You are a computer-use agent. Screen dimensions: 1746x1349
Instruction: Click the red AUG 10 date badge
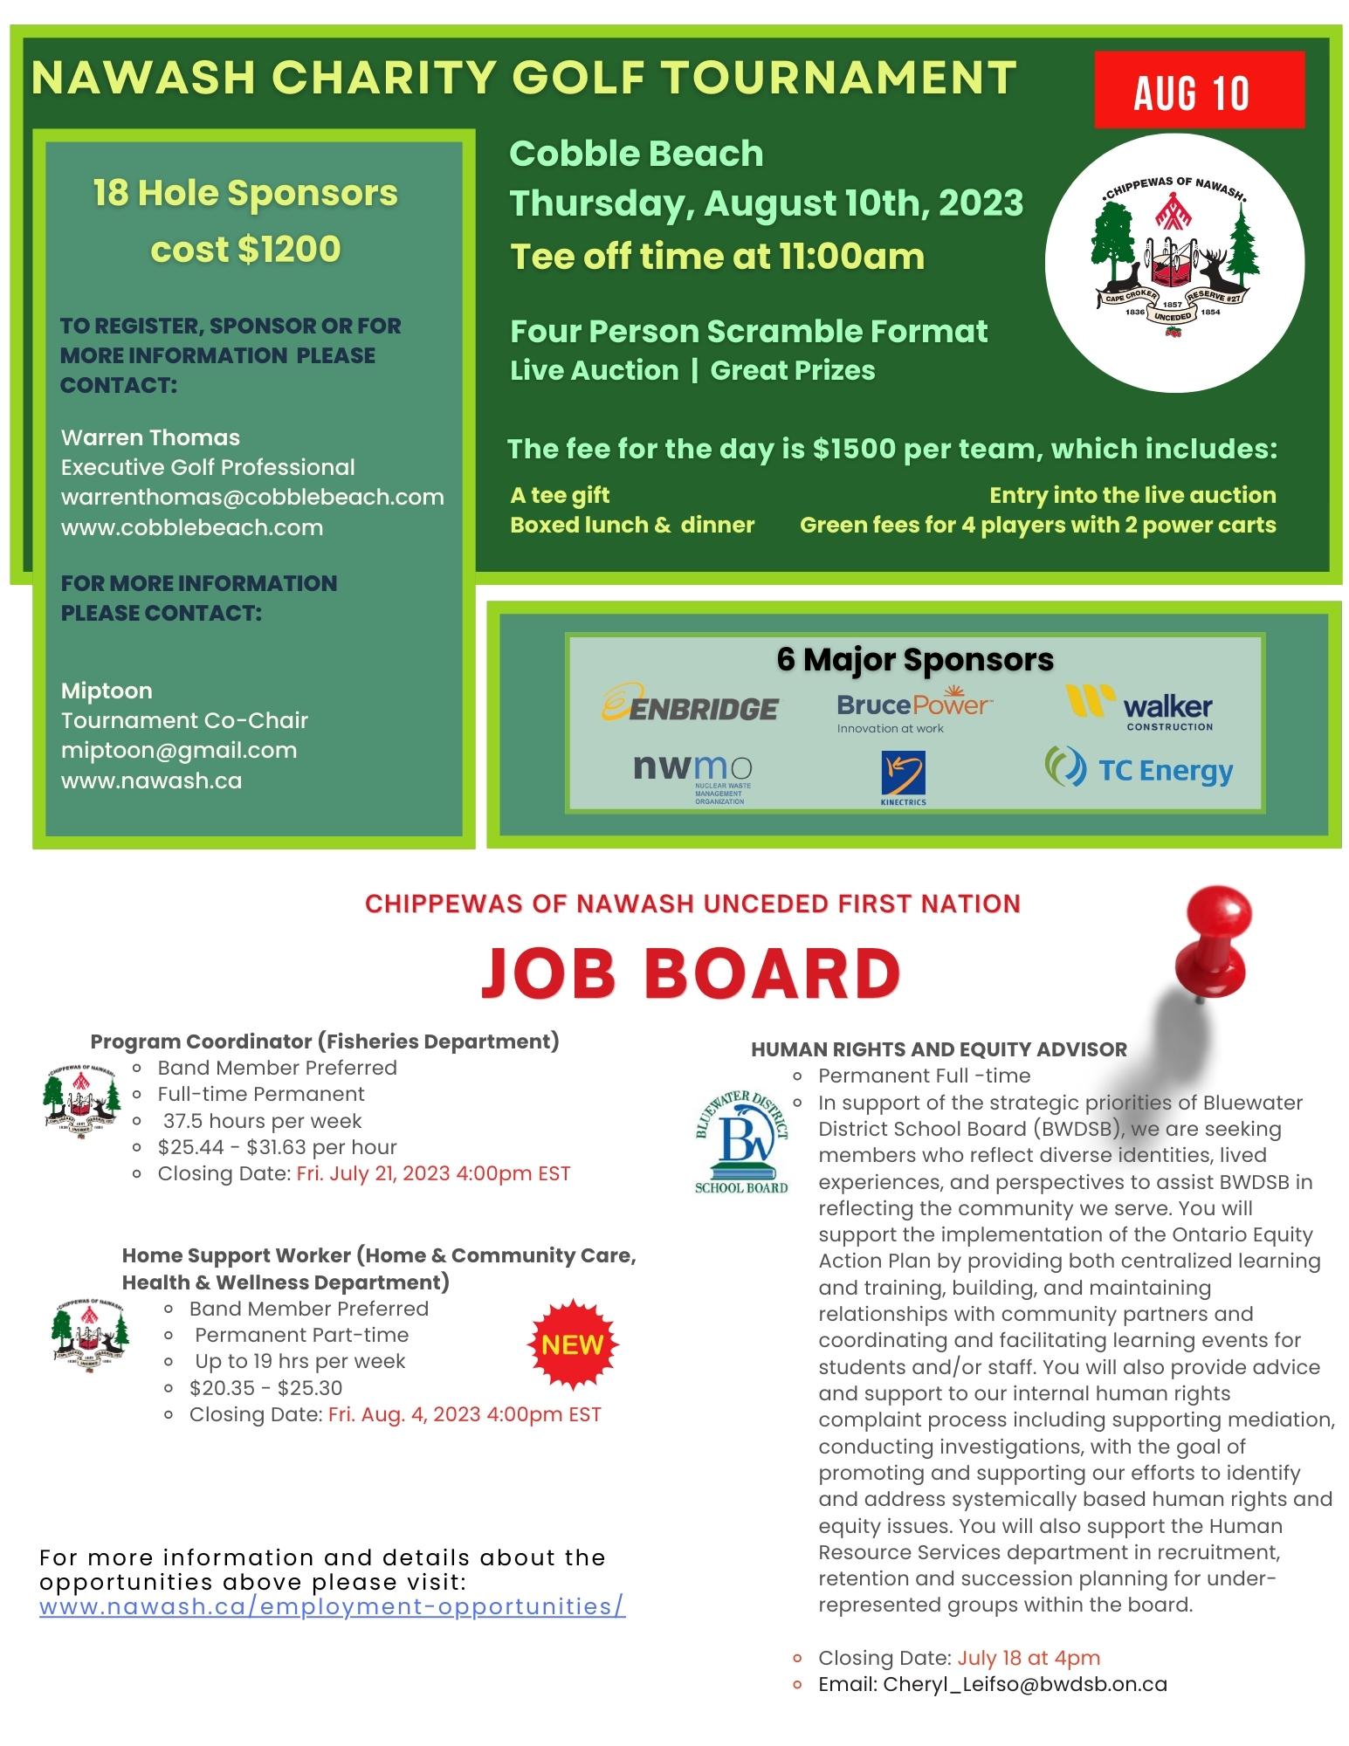point(1198,91)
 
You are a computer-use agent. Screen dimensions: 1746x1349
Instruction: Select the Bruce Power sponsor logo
point(913,711)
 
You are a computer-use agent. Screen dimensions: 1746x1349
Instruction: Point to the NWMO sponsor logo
point(692,776)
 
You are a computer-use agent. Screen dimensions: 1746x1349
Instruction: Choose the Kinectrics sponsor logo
point(904,777)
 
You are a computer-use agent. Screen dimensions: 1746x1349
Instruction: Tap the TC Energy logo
point(1139,769)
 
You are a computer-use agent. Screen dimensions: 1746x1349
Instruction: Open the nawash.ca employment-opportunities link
point(333,1606)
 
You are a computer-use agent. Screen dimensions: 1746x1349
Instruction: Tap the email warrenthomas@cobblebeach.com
point(252,497)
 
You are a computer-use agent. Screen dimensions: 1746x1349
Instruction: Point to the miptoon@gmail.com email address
point(179,750)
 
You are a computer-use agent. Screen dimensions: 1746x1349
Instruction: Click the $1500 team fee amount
point(854,449)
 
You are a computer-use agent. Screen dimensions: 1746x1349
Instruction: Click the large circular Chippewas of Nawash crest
point(1174,261)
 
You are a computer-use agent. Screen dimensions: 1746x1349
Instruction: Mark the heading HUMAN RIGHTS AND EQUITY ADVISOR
point(939,1048)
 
